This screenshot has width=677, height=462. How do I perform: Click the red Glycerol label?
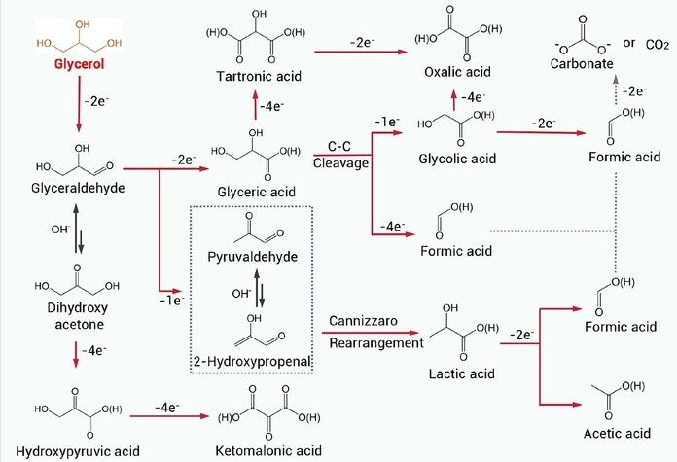pyautogui.click(x=79, y=64)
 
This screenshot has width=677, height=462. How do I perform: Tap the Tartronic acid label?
pyautogui.click(x=259, y=77)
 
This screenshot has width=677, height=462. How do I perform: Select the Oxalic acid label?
pyautogui.click(x=457, y=72)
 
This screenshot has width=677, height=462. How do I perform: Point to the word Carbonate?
pyautogui.click(x=582, y=64)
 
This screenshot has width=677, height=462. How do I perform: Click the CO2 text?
pyautogui.click(x=658, y=45)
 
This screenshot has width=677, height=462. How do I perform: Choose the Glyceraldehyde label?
pyautogui.click(x=78, y=189)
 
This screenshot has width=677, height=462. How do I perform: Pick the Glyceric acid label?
pyautogui.click(x=257, y=193)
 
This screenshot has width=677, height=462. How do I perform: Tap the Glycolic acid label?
pyautogui.click(x=457, y=159)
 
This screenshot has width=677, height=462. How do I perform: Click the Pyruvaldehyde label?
pyautogui.click(x=253, y=257)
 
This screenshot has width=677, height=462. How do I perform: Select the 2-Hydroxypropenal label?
pyautogui.click(x=252, y=361)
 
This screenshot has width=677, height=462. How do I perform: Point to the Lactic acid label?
pyautogui.click(x=462, y=373)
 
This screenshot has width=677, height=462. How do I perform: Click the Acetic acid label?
pyautogui.click(x=617, y=433)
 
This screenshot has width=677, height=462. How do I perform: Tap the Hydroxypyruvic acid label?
pyautogui.click(x=78, y=451)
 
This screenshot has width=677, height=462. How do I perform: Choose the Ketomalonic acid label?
pyautogui.click(x=268, y=451)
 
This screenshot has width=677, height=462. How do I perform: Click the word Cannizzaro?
pyautogui.click(x=363, y=321)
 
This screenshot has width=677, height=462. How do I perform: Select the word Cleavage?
pyautogui.click(x=341, y=163)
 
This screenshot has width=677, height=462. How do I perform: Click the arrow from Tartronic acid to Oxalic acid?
pyautogui.click(x=361, y=52)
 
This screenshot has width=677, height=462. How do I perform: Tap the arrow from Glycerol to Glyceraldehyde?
pyautogui.click(x=79, y=104)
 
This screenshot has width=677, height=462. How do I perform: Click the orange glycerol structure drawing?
pyautogui.click(x=79, y=36)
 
